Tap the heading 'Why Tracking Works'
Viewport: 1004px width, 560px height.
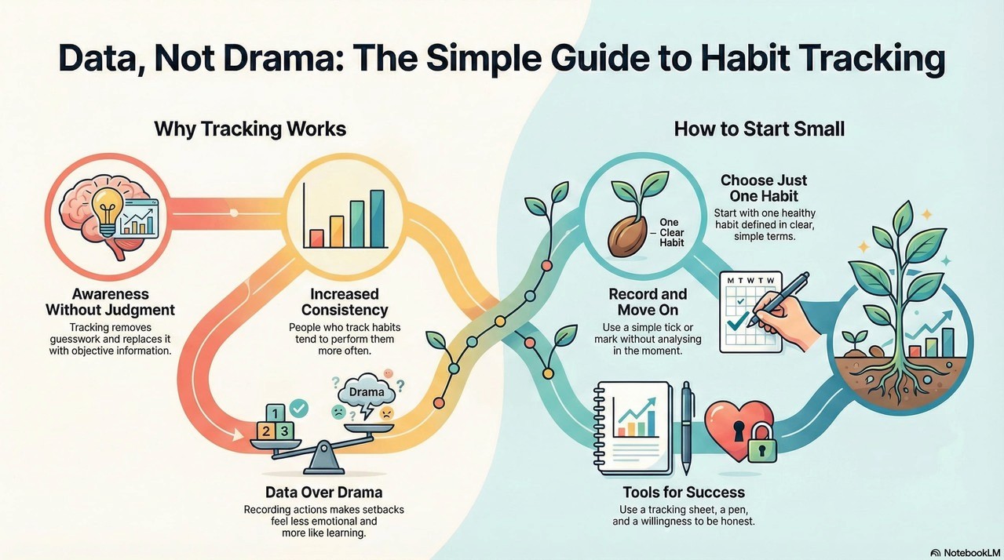pos(250,129)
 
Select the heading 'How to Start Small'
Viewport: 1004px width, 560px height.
pos(759,129)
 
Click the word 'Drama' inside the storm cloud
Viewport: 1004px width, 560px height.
pos(367,392)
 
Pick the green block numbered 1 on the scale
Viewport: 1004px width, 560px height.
pos(276,413)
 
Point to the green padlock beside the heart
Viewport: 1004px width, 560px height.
pos(761,444)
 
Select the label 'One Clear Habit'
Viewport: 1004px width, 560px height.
pos(671,232)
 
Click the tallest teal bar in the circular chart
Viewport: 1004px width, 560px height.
pos(377,219)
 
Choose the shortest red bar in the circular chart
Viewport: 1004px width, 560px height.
pos(316,238)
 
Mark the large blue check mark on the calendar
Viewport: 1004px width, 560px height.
pos(737,322)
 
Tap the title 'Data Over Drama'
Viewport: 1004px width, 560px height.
pos(323,493)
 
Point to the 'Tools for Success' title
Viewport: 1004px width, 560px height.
pos(684,493)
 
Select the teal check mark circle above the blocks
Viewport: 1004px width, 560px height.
pos(299,408)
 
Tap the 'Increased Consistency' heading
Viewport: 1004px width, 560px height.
pos(345,302)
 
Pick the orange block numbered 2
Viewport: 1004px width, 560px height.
pos(266,431)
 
